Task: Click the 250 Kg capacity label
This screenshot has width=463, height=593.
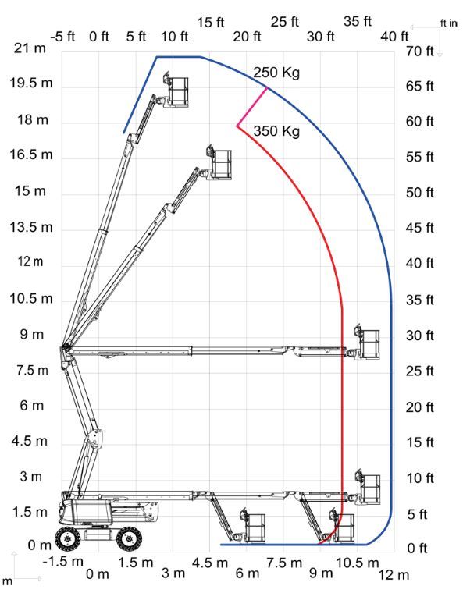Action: click(276, 73)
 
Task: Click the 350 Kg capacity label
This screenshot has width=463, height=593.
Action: click(276, 131)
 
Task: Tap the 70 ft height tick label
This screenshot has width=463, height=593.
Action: click(419, 51)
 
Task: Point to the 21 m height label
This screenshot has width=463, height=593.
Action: click(30, 48)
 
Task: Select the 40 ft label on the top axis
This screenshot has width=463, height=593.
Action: click(394, 37)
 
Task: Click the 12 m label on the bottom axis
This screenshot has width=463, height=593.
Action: click(394, 575)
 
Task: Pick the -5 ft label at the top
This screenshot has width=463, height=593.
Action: click(62, 37)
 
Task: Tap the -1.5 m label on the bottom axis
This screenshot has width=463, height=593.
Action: click(62, 562)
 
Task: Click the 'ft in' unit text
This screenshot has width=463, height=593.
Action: click(449, 23)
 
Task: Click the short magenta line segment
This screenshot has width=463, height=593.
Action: click(252, 107)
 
